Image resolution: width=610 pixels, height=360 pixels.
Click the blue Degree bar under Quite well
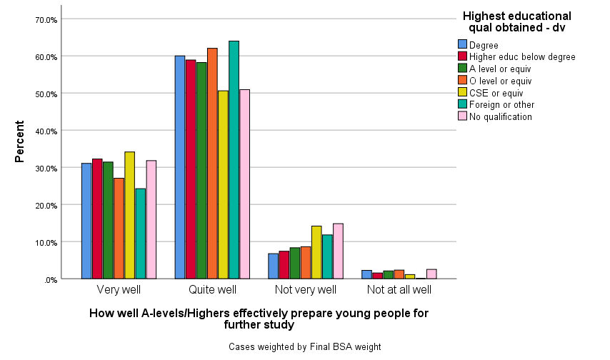coord(180,167)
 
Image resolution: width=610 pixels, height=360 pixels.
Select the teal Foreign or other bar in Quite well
coord(234,160)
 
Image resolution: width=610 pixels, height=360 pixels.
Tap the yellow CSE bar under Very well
coord(129,215)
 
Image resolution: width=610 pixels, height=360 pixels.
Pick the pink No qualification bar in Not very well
coord(338,251)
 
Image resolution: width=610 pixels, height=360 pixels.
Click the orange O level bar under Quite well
coord(212,164)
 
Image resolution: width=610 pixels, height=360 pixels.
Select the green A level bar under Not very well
coord(295,263)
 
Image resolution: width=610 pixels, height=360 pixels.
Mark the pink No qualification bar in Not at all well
coord(431,274)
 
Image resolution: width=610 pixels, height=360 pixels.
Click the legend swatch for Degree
coord(462,45)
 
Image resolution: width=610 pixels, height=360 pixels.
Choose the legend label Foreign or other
coord(500,104)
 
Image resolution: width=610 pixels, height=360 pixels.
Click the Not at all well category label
coord(399,290)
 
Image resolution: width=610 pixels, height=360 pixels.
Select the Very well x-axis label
coord(119,290)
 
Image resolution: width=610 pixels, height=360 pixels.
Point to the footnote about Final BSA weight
coord(305,346)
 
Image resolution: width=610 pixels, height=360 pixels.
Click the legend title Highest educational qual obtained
coord(516,21)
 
